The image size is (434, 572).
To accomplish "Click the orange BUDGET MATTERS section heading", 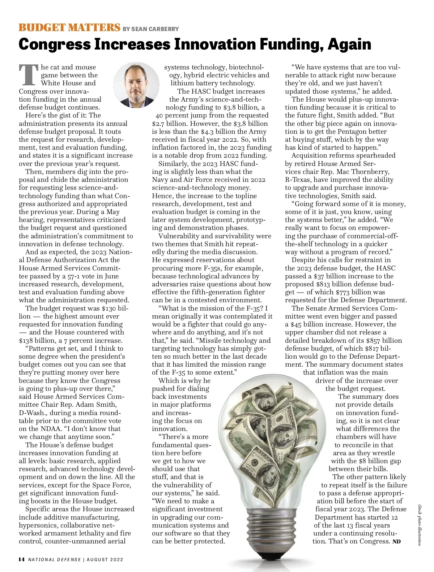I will pos(69,27).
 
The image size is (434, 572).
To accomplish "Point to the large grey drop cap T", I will pos(29,75).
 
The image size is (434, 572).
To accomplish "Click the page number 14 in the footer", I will pos(22,559).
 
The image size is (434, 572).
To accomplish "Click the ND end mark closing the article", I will pos(396,542).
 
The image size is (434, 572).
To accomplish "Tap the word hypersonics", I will pos(38,525).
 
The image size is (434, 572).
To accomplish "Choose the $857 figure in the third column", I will pos(374,341).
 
